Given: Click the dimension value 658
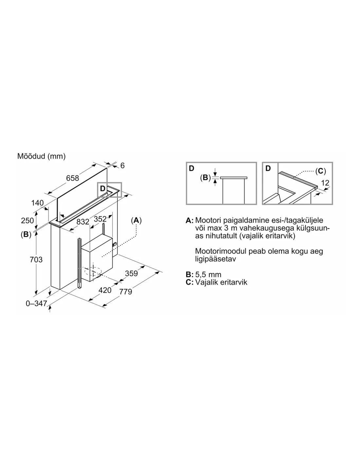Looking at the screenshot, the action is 72,178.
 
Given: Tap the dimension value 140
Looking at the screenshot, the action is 37,203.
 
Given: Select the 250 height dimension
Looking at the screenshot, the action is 27,221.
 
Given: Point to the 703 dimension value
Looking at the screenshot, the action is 36,260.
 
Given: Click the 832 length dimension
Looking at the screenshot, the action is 83,222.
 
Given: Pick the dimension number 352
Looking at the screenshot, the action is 100,219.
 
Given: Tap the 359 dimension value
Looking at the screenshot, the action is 131,273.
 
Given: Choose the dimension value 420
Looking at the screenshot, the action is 105,290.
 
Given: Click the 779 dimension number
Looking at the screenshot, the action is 126,292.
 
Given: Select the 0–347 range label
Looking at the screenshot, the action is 36,303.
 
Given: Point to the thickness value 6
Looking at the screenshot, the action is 122,165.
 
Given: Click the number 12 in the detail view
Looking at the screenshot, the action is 325,183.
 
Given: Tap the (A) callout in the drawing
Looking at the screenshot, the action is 136,220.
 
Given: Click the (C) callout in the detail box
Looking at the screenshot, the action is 320,171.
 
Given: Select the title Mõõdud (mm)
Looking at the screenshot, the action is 41,156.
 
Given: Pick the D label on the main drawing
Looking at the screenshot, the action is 102,188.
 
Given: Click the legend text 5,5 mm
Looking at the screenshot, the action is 208,275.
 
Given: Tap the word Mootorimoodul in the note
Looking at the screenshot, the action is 221,251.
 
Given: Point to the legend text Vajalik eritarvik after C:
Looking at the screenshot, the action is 221,282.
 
